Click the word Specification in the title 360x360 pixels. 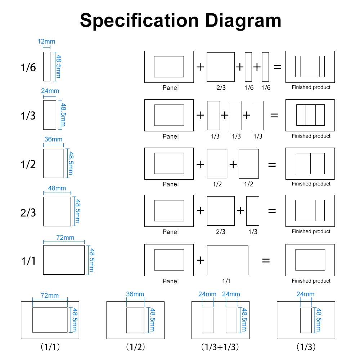(139, 20)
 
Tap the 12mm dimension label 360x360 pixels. (46, 41)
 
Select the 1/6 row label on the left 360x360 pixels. (28, 67)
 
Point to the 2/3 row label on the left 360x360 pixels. (28, 212)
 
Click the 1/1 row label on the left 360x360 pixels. (28, 260)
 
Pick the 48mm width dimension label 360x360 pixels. (57, 188)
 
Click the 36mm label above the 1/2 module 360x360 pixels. (53, 139)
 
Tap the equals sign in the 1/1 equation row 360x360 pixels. (266, 260)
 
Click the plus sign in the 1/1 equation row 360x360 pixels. (200, 260)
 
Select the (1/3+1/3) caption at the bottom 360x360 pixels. (220, 347)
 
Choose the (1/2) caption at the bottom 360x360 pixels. (135, 347)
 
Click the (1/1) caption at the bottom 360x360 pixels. (50, 347)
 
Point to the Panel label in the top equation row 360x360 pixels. (170, 88)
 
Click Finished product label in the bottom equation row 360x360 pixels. (311, 281)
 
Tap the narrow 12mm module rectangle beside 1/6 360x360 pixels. (47, 67)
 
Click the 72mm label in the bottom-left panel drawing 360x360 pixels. (49, 296)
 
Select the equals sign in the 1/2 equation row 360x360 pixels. (272, 165)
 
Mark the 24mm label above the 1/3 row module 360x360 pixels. (50, 91)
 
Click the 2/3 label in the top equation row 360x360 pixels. (220, 88)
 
